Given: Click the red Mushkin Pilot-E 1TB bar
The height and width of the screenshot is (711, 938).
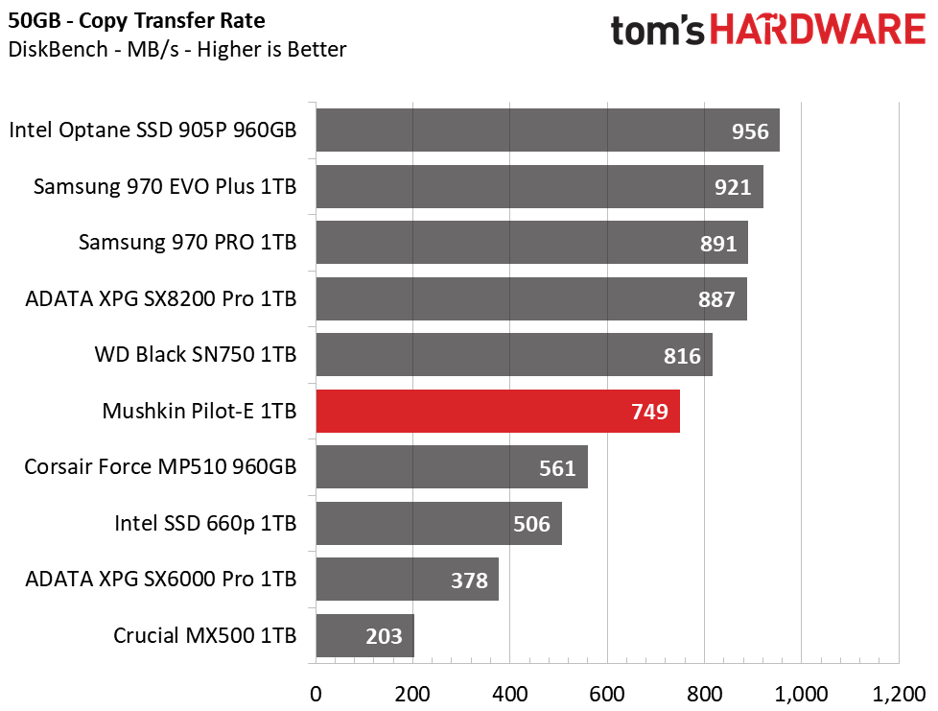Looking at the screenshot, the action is (x=498, y=412).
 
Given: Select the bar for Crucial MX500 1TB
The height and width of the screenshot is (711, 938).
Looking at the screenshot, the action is (x=364, y=635).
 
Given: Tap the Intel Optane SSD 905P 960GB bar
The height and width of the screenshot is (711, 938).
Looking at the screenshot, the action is (x=548, y=130).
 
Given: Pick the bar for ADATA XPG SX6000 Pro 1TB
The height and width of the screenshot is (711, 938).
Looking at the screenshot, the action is (x=408, y=580).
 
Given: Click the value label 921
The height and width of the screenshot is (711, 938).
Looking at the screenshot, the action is (x=733, y=187).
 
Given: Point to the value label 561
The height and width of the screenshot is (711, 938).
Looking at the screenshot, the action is (x=557, y=468).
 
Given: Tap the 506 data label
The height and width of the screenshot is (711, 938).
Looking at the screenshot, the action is (x=531, y=524).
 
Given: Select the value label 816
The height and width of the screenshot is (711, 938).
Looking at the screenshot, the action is (x=682, y=356).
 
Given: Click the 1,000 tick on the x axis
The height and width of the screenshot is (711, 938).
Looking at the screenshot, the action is (x=801, y=695).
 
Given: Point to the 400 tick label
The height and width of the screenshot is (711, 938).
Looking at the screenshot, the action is (x=509, y=695).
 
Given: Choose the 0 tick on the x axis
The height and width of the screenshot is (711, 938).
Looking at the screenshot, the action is (x=316, y=695).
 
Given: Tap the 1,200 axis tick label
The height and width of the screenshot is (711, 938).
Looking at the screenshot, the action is (x=899, y=695).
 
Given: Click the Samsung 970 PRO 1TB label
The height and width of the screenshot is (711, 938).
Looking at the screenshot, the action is (x=188, y=243).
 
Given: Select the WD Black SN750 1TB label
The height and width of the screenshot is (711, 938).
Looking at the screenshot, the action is (x=196, y=354).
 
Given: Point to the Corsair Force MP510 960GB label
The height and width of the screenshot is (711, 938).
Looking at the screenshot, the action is (x=160, y=467).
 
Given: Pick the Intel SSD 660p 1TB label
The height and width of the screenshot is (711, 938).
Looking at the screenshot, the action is (x=206, y=523).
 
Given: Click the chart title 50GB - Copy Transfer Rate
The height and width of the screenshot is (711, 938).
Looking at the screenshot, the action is (x=136, y=21).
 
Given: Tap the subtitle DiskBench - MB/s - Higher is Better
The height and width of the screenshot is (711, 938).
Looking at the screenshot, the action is (x=177, y=49).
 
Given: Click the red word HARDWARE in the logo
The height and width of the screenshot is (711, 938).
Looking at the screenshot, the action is (x=818, y=30).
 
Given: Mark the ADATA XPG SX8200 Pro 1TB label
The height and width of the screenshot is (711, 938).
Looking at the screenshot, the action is (x=161, y=298).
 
